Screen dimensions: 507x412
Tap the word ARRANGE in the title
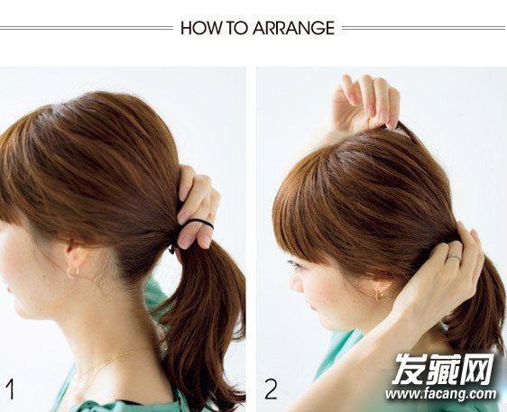click(293, 28)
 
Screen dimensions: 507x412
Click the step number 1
click(10, 389)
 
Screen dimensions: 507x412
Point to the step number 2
click(271, 389)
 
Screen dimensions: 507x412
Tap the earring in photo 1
click(73, 271)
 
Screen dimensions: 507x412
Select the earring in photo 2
click(379, 295)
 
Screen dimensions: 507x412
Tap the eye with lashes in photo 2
click(295, 266)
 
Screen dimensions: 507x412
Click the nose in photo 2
click(296, 285)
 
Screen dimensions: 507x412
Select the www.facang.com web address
click(440, 394)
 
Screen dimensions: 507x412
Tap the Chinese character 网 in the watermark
click(476, 369)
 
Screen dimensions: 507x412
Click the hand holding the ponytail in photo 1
click(198, 206)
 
